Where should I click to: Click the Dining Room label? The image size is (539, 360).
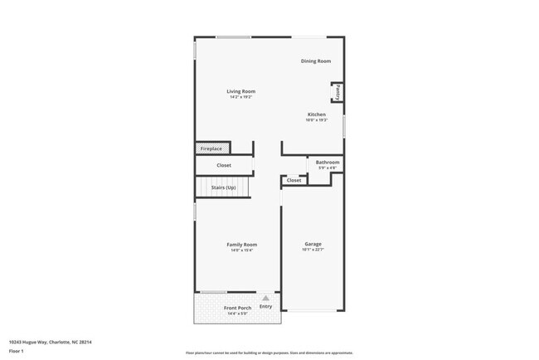(x=316, y=61)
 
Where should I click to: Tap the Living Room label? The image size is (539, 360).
(x=241, y=91)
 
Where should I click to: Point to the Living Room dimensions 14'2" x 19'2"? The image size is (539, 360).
(x=241, y=97)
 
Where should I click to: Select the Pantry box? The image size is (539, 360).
(x=337, y=91)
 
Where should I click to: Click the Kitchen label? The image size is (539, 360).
(x=317, y=114)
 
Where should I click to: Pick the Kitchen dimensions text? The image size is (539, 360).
(x=317, y=120)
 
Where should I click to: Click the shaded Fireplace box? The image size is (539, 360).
(x=212, y=148)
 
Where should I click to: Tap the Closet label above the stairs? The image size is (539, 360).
(x=224, y=165)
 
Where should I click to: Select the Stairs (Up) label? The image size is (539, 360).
(x=224, y=187)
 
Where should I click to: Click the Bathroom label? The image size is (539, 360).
(x=328, y=163)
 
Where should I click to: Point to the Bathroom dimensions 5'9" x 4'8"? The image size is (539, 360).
(x=328, y=168)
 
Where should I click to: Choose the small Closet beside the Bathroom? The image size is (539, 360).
(x=294, y=180)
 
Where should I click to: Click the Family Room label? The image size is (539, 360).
(x=242, y=245)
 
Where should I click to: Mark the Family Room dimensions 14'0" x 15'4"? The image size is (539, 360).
(x=242, y=251)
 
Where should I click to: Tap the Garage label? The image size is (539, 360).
(x=313, y=244)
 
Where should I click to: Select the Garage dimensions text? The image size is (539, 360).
(x=313, y=250)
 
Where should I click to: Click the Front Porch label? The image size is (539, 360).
(x=238, y=308)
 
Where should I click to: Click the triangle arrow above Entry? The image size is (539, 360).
(x=265, y=297)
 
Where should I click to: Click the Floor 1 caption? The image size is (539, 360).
(x=17, y=352)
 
